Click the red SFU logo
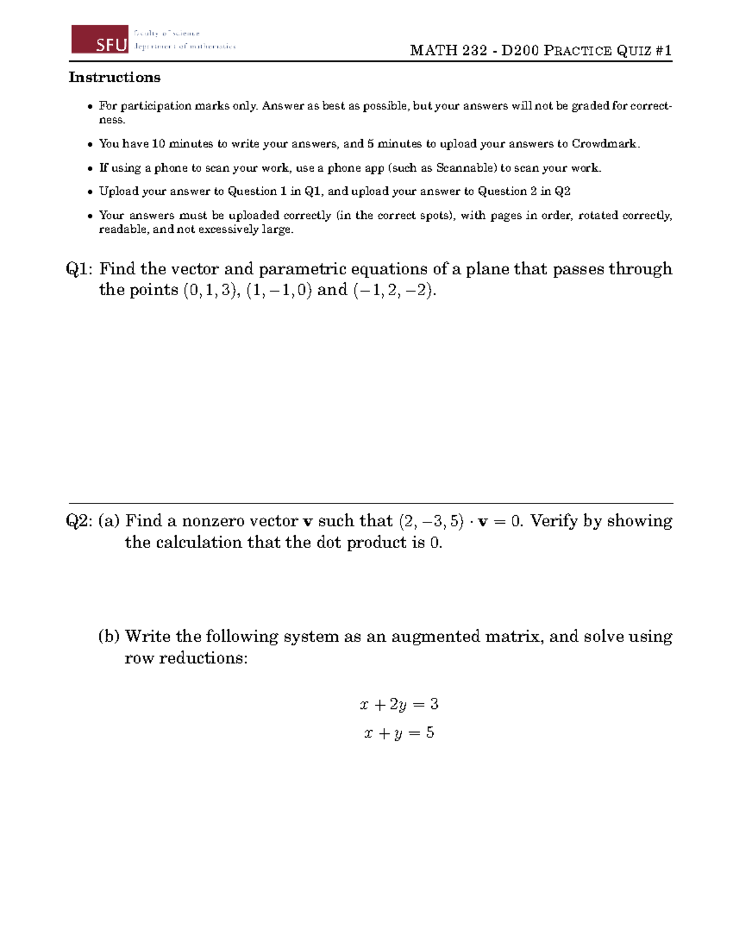pyautogui.click(x=100, y=40)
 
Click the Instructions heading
pyautogui.click(x=114, y=78)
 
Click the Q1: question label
pyautogui.click(x=79, y=269)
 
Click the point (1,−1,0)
pyautogui.click(x=279, y=290)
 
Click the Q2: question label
pyautogui.click(x=79, y=521)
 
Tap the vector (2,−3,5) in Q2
pyautogui.click(x=431, y=522)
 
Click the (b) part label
pyautogui.click(x=109, y=637)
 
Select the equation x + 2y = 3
pyautogui.click(x=399, y=705)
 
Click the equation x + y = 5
pyautogui.click(x=399, y=733)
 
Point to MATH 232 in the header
pyautogui.click(x=448, y=51)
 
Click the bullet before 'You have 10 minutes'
pyautogui.click(x=90, y=145)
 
